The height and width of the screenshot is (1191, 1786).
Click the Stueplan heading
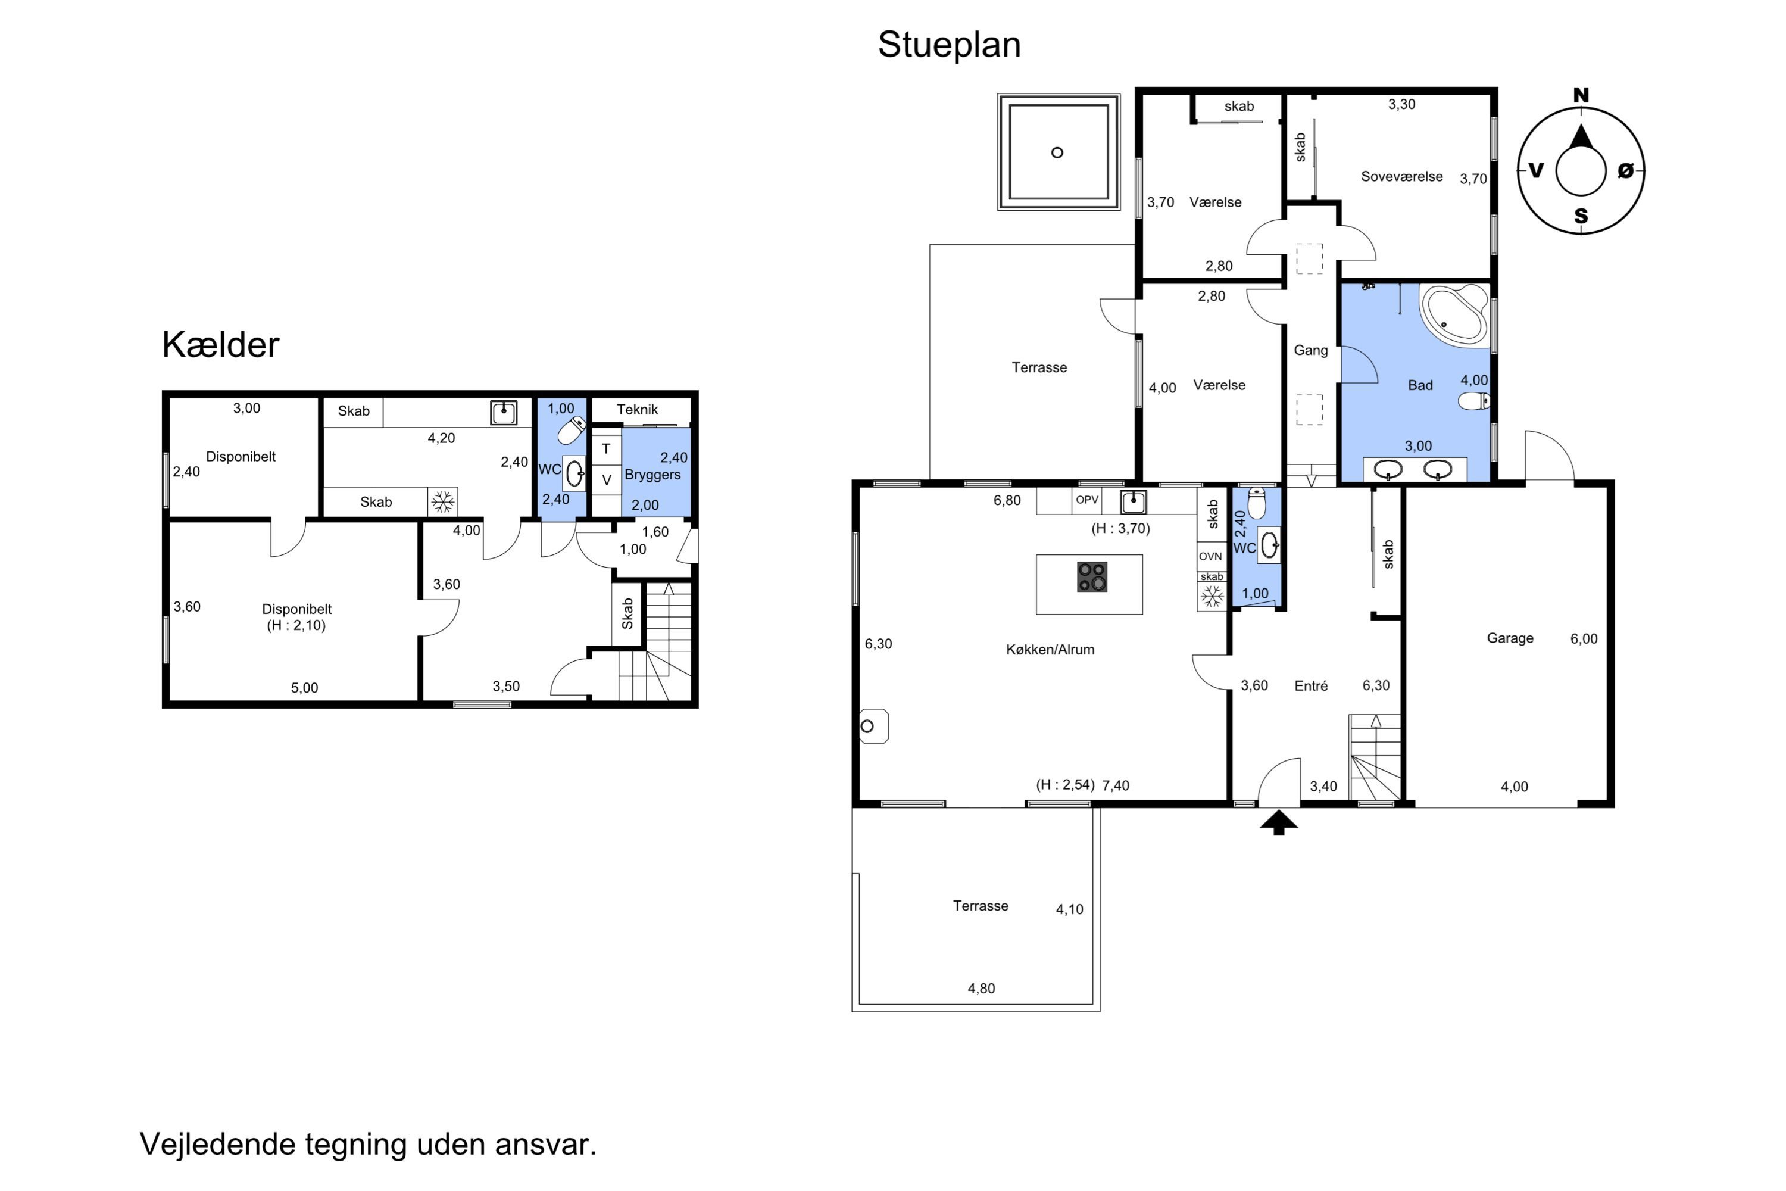(x=949, y=45)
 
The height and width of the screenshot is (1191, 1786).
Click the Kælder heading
(x=220, y=345)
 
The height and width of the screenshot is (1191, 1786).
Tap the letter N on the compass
(x=1581, y=95)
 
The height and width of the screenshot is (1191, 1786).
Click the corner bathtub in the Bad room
(x=1454, y=314)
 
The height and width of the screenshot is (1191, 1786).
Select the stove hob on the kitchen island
(x=1092, y=576)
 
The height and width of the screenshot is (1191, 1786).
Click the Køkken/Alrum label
(x=1050, y=650)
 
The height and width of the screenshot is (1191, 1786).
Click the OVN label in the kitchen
(x=1210, y=557)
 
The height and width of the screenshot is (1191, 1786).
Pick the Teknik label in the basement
(x=637, y=410)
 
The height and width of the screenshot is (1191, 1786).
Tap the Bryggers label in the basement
(x=652, y=475)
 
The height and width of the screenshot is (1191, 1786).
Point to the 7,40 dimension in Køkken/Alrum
(x=1116, y=786)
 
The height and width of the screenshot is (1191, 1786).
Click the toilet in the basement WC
(x=571, y=431)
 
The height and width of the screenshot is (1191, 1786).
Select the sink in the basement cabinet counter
(x=504, y=413)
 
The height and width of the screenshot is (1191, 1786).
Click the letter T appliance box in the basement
(x=606, y=450)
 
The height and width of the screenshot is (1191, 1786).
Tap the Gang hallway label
(x=1311, y=351)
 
